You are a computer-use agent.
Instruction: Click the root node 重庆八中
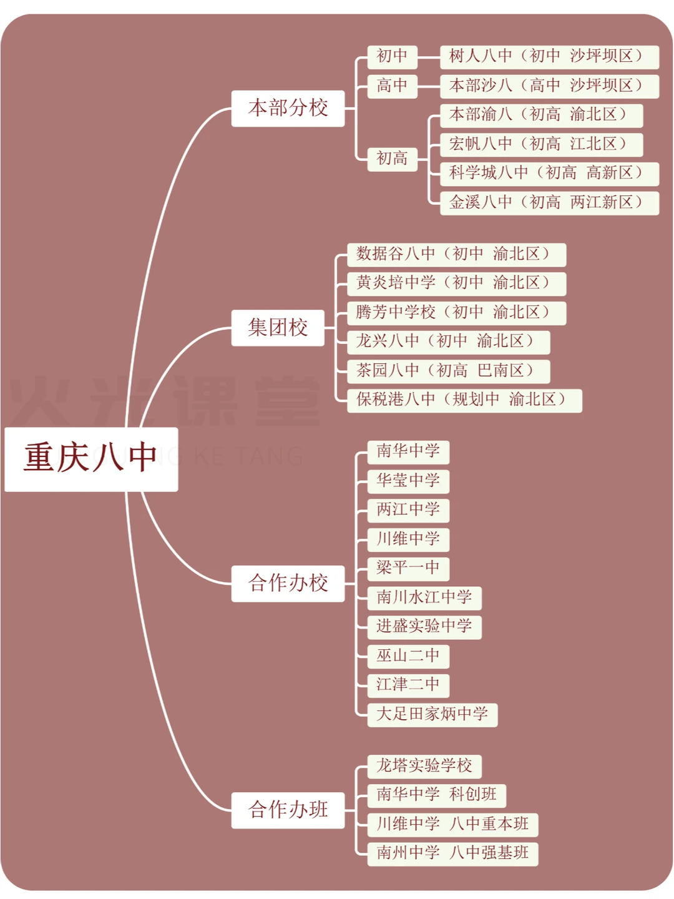click(91, 459)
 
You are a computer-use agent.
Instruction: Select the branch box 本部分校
click(288, 109)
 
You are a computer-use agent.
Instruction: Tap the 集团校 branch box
click(278, 328)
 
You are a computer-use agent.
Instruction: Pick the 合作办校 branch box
click(288, 584)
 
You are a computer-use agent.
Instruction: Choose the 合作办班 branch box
click(288, 810)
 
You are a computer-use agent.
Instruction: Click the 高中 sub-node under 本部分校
click(392, 86)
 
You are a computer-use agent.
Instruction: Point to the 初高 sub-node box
click(392, 159)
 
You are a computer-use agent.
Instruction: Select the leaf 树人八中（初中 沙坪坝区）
click(549, 57)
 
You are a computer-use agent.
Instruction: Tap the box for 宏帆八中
click(541, 145)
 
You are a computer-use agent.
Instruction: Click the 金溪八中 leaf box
click(549, 203)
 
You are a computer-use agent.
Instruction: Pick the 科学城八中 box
click(549, 174)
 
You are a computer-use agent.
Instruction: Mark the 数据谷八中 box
click(456, 255)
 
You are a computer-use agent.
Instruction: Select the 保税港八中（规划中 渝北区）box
click(464, 400)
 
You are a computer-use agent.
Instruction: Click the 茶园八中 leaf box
click(448, 371)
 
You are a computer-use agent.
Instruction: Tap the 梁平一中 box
click(408, 569)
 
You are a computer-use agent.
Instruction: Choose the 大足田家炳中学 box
click(432, 715)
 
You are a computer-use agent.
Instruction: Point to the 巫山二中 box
click(408, 656)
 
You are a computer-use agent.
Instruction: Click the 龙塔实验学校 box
click(424, 767)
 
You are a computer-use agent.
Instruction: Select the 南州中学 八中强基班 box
click(452, 853)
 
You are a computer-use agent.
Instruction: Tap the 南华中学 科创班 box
click(436, 795)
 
